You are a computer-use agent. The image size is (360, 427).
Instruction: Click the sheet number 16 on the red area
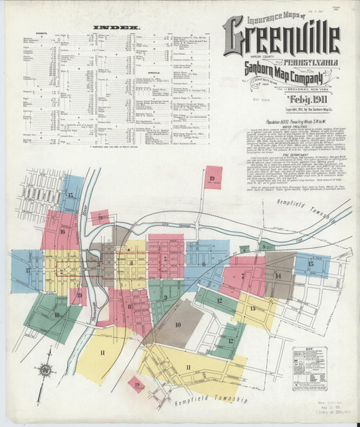[x=61, y=232]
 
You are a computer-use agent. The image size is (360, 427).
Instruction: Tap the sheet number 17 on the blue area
[x=28, y=270]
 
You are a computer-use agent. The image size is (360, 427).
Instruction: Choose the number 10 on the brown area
[x=178, y=324]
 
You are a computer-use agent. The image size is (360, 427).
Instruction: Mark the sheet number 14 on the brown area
[x=277, y=275]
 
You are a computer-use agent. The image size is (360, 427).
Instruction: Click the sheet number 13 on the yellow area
[x=253, y=308]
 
